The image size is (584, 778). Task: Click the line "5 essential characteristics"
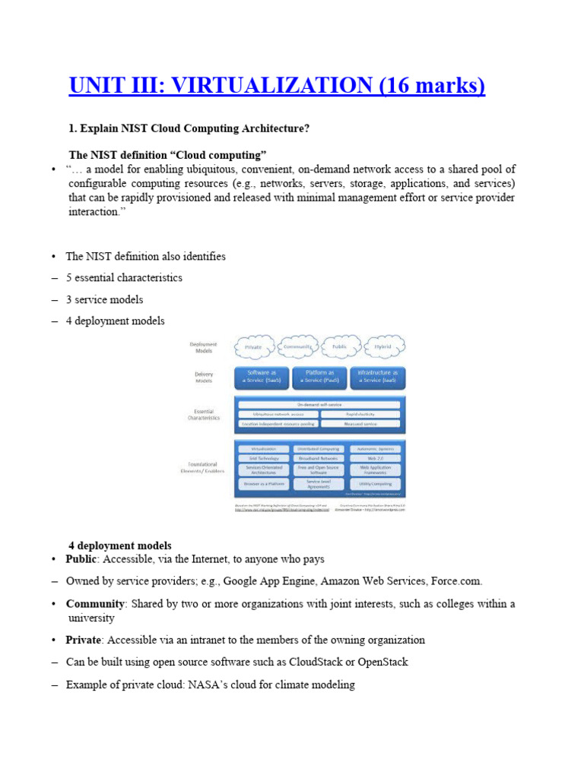[124, 278]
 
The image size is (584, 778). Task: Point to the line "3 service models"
[104, 299]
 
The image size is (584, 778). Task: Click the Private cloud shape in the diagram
[253, 346]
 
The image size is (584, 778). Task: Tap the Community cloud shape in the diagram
[298, 346]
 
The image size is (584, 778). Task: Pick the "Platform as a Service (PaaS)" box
[320, 378]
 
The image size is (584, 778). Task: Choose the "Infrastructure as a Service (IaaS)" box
[378, 378]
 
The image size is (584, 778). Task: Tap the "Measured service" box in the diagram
[360, 423]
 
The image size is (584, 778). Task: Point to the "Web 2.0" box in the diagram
[374, 458]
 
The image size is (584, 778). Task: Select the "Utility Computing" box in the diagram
[374, 483]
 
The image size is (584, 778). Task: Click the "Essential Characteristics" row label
[203, 414]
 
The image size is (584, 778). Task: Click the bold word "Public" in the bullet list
[81, 559]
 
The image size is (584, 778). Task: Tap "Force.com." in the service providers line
[456, 581]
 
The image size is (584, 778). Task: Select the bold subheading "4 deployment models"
[120, 546]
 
